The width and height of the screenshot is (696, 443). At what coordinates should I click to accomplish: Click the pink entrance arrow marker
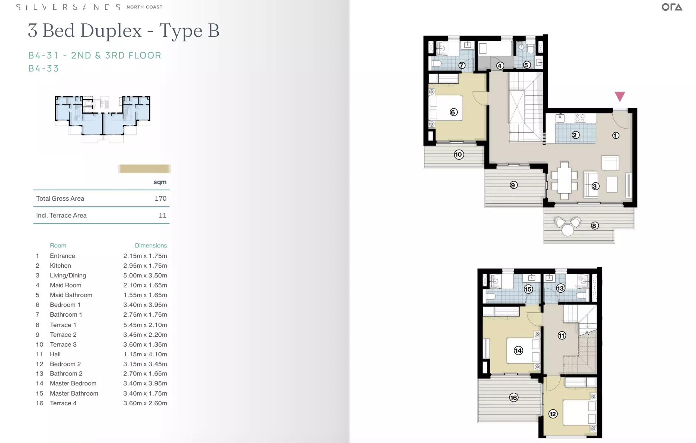[620, 96]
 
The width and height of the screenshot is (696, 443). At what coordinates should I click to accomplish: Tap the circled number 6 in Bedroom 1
[454, 112]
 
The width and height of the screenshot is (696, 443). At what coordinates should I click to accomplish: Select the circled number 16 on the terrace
[513, 397]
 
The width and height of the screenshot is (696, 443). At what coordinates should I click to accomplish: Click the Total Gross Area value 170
[160, 199]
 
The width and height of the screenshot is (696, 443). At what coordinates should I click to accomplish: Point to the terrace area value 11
[163, 216]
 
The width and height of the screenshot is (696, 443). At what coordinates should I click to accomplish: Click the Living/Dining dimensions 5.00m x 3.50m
[145, 276]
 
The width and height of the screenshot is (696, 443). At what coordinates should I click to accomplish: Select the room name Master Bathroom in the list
[74, 393]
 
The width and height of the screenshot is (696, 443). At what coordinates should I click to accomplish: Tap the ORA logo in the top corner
[672, 7]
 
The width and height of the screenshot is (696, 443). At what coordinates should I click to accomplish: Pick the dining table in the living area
[564, 181]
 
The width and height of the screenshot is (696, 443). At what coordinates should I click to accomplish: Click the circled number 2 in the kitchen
[575, 135]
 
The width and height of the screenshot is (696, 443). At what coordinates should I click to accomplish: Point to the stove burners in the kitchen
[580, 118]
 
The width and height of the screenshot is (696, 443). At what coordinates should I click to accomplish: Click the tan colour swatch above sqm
[144, 169]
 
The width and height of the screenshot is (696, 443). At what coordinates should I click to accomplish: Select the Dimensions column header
[151, 246]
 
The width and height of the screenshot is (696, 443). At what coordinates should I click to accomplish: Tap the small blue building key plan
[103, 118]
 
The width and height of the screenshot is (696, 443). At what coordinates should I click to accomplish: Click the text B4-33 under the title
[44, 69]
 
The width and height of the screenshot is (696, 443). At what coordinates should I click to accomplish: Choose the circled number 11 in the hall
[562, 336]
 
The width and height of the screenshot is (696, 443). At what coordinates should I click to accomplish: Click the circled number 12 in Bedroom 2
[553, 414]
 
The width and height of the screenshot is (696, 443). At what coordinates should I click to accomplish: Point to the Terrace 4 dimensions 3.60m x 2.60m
[145, 403]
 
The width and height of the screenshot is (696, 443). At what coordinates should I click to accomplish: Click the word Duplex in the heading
[111, 30]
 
